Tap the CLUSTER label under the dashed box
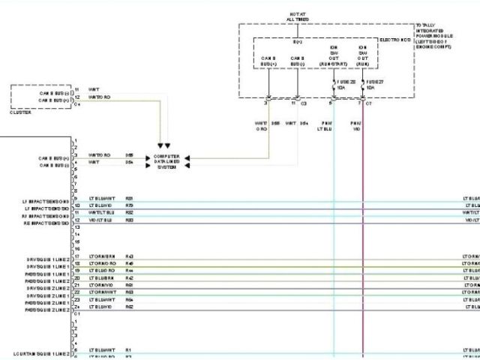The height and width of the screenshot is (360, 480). [x=21, y=111]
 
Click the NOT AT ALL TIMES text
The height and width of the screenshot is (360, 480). [x=298, y=16]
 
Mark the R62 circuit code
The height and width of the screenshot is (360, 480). [x=129, y=306]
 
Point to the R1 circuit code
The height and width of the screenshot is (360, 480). [x=128, y=349]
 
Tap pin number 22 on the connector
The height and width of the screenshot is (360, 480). [x=76, y=292]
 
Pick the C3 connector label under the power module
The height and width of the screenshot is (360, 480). [x=303, y=103]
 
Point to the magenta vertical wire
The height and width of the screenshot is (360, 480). [x=363, y=225]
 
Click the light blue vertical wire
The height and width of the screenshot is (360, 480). [x=334, y=225]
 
